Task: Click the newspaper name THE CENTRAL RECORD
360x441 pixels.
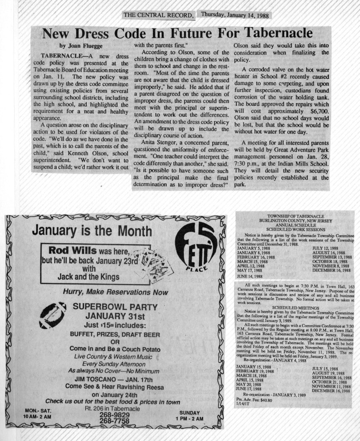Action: (158, 16)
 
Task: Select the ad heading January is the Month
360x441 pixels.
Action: (92, 230)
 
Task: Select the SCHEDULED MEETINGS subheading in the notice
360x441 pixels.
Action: (295, 308)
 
